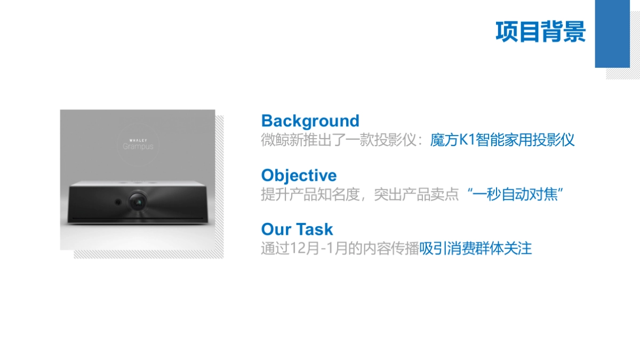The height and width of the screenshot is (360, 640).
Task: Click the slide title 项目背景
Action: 541,31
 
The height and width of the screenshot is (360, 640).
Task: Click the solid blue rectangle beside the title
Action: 612,34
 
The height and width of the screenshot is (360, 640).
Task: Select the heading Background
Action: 310,121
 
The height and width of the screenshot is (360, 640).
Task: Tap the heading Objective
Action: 299,175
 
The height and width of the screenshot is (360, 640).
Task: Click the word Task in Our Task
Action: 315,229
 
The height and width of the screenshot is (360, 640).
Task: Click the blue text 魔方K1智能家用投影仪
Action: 502,140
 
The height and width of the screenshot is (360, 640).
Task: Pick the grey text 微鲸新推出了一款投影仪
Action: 339,140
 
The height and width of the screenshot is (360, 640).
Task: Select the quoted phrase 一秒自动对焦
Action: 515,194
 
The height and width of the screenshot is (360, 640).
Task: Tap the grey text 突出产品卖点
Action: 417,194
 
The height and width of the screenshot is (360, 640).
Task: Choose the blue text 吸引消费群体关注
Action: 475,249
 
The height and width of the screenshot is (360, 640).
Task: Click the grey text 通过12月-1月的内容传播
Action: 340,249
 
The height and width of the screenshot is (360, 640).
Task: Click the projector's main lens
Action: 138,202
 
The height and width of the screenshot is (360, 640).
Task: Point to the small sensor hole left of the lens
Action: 118,202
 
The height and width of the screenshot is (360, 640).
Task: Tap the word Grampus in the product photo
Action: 138,147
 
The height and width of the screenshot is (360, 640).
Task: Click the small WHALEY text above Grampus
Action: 138,140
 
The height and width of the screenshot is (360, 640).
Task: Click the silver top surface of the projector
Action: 138,183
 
